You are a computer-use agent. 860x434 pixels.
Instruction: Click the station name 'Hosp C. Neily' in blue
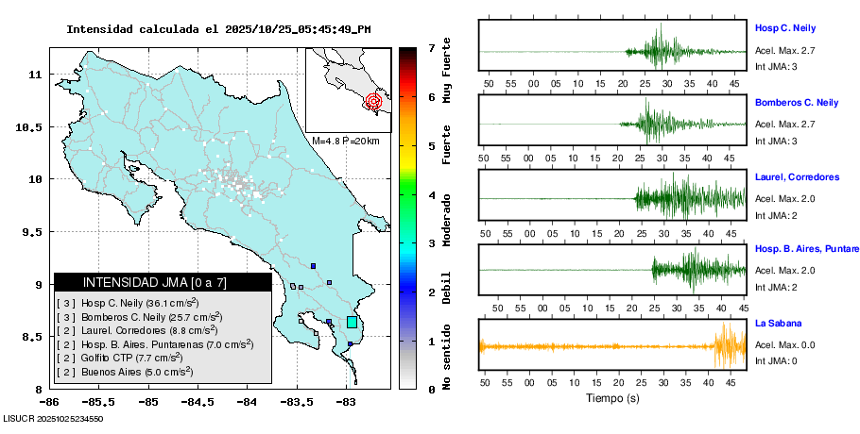click(784, 28)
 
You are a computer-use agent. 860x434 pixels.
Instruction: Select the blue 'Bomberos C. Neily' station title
click(797, 102)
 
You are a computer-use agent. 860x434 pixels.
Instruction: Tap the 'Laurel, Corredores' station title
click(797, 176)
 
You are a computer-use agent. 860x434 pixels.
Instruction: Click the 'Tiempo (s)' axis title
click(612, 399)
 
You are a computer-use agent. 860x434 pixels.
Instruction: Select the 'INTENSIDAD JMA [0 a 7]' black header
click(163, 282)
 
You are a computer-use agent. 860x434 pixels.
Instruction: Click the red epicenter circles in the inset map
click(373, 101)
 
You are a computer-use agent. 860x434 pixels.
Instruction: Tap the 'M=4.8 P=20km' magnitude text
click(346, 142)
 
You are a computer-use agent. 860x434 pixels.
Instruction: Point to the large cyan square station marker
click(353, 322)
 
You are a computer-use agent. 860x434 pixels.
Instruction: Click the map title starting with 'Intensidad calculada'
click(218, 29)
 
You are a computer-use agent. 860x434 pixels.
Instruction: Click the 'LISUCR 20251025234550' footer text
click(53, 418)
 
